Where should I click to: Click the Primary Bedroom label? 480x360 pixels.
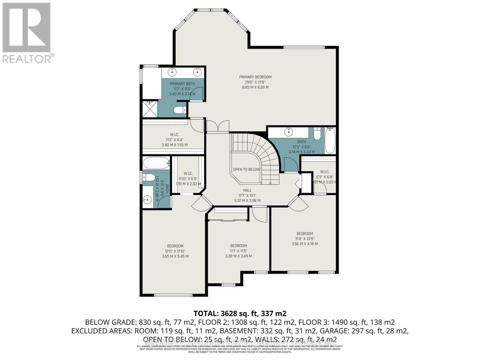[x=255, y=77]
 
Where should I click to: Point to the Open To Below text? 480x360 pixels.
[x=247, y=169]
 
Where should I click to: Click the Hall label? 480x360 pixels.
[x=247, y=190]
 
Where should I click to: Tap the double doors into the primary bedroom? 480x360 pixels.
[x=218, y=126]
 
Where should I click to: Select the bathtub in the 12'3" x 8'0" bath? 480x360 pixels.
[x=330, y=140]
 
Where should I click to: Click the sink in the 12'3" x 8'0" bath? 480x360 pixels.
[x=289, y=131]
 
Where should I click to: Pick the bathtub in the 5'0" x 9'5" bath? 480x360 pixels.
[x=156, y=163]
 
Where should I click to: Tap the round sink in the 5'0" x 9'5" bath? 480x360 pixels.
[x=147, y=199]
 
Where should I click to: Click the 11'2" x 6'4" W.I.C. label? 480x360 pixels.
[x=174, y=135]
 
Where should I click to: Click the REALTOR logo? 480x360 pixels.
[x=27, y=33]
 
